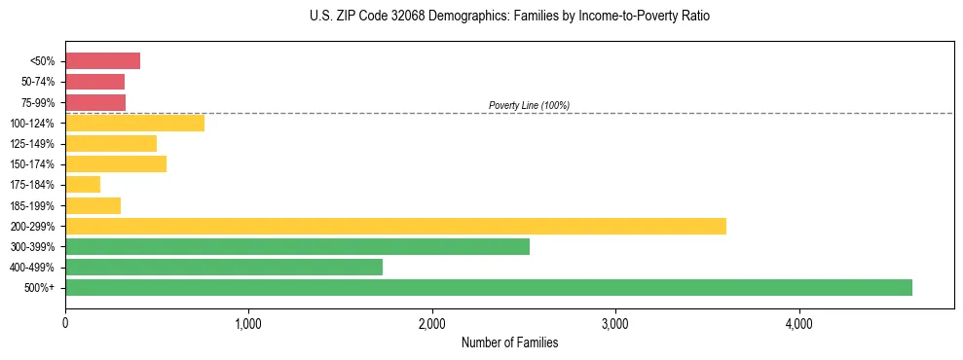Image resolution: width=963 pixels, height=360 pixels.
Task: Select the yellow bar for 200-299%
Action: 395,226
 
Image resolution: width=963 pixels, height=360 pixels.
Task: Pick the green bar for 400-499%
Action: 224,267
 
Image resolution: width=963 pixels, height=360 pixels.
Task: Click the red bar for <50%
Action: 102,61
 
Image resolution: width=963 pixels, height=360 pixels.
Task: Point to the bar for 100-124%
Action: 134,123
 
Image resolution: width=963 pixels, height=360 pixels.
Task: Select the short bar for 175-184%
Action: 83,185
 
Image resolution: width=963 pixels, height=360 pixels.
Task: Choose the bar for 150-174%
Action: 116,163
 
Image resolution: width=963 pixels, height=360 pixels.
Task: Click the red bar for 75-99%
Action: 95,102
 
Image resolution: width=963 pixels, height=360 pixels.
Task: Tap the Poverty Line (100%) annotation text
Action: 529,105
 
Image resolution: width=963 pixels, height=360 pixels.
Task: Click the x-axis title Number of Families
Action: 509,342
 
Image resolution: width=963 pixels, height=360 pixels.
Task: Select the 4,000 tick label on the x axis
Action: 798,323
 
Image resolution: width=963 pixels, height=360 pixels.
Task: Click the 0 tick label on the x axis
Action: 65,323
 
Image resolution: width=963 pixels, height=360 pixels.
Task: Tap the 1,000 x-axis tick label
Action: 248,323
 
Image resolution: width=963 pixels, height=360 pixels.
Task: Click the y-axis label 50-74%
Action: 37,82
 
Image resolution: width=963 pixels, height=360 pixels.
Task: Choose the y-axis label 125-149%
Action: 32,144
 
